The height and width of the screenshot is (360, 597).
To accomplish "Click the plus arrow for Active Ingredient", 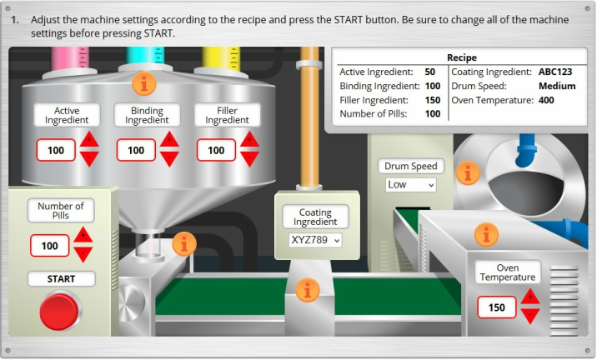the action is [89, 140].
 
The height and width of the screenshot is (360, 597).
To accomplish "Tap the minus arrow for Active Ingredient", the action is [89, 158].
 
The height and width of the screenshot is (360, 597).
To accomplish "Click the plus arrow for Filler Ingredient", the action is [249, 140].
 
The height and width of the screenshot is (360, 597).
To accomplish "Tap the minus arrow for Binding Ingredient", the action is [169, 158].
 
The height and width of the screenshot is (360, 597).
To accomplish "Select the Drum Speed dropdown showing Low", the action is [410, 185].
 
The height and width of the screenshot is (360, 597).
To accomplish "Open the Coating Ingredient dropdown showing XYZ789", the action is [315, 240].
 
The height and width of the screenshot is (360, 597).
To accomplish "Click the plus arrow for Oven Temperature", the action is [530, 297].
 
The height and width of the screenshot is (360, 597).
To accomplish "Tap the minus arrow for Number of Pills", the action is [83, 254].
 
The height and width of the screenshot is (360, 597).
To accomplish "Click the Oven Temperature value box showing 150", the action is [497, 307].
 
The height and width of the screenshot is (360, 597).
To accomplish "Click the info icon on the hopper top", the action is [144, 83].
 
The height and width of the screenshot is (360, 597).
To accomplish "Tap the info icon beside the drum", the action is [468, 173].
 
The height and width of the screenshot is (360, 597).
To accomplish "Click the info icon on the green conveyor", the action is [308, 290].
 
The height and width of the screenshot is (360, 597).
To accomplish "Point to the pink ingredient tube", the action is [70, 58].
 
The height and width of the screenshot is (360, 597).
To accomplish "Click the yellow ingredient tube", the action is [221, 58].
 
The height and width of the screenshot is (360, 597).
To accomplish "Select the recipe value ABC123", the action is [555, 72].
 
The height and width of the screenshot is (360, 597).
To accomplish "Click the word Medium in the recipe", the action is [557, 86].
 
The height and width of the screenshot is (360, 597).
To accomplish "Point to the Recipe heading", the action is [461, 57].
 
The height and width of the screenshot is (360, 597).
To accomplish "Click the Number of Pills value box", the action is [50, 246].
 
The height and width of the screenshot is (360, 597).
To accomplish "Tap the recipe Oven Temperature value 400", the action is [546, 101].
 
